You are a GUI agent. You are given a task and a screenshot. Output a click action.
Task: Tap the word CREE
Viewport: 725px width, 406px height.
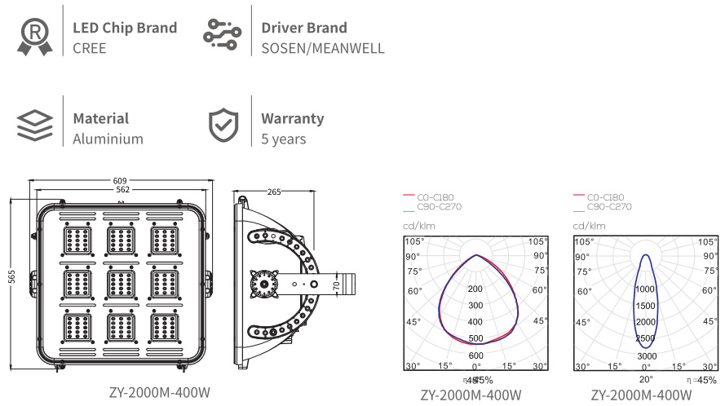pyautogui.click(x=90, y=48)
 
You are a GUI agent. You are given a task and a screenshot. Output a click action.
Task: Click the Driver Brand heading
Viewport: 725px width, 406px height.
pyautogui.click(x=303, y=28)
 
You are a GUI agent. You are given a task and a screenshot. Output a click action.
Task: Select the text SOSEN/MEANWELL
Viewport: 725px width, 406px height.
pyautogui.click(x=322, y=48)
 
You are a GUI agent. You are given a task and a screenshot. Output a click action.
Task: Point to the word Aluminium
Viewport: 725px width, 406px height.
pyautogui.click(x=108, y=139)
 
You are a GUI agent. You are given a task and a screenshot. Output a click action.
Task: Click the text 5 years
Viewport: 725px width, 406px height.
pyautogui.click(x=284, y=139)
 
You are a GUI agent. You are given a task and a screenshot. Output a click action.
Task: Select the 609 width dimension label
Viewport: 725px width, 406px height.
pyautogui.click(x=121, y=181)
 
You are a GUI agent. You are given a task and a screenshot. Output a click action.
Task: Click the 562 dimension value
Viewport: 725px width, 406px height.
pyautogui.click(x=121, y=190)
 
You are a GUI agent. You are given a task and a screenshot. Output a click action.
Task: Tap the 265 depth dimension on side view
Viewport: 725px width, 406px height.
pyautogui.click(x=274, y=192)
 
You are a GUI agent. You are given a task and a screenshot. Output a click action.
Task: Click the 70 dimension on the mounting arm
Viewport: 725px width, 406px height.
pyautogui.click(x=336, y=284)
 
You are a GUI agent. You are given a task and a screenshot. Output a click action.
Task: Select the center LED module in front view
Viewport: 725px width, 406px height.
pyautogui.click(x=121, y=283)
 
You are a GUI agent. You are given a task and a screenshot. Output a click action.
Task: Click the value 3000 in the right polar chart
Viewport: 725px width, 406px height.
pyautogui.click(x=646, y=356)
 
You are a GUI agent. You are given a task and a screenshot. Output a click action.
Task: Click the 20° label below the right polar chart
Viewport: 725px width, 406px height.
pyautogui.click(x=646, y=379)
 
